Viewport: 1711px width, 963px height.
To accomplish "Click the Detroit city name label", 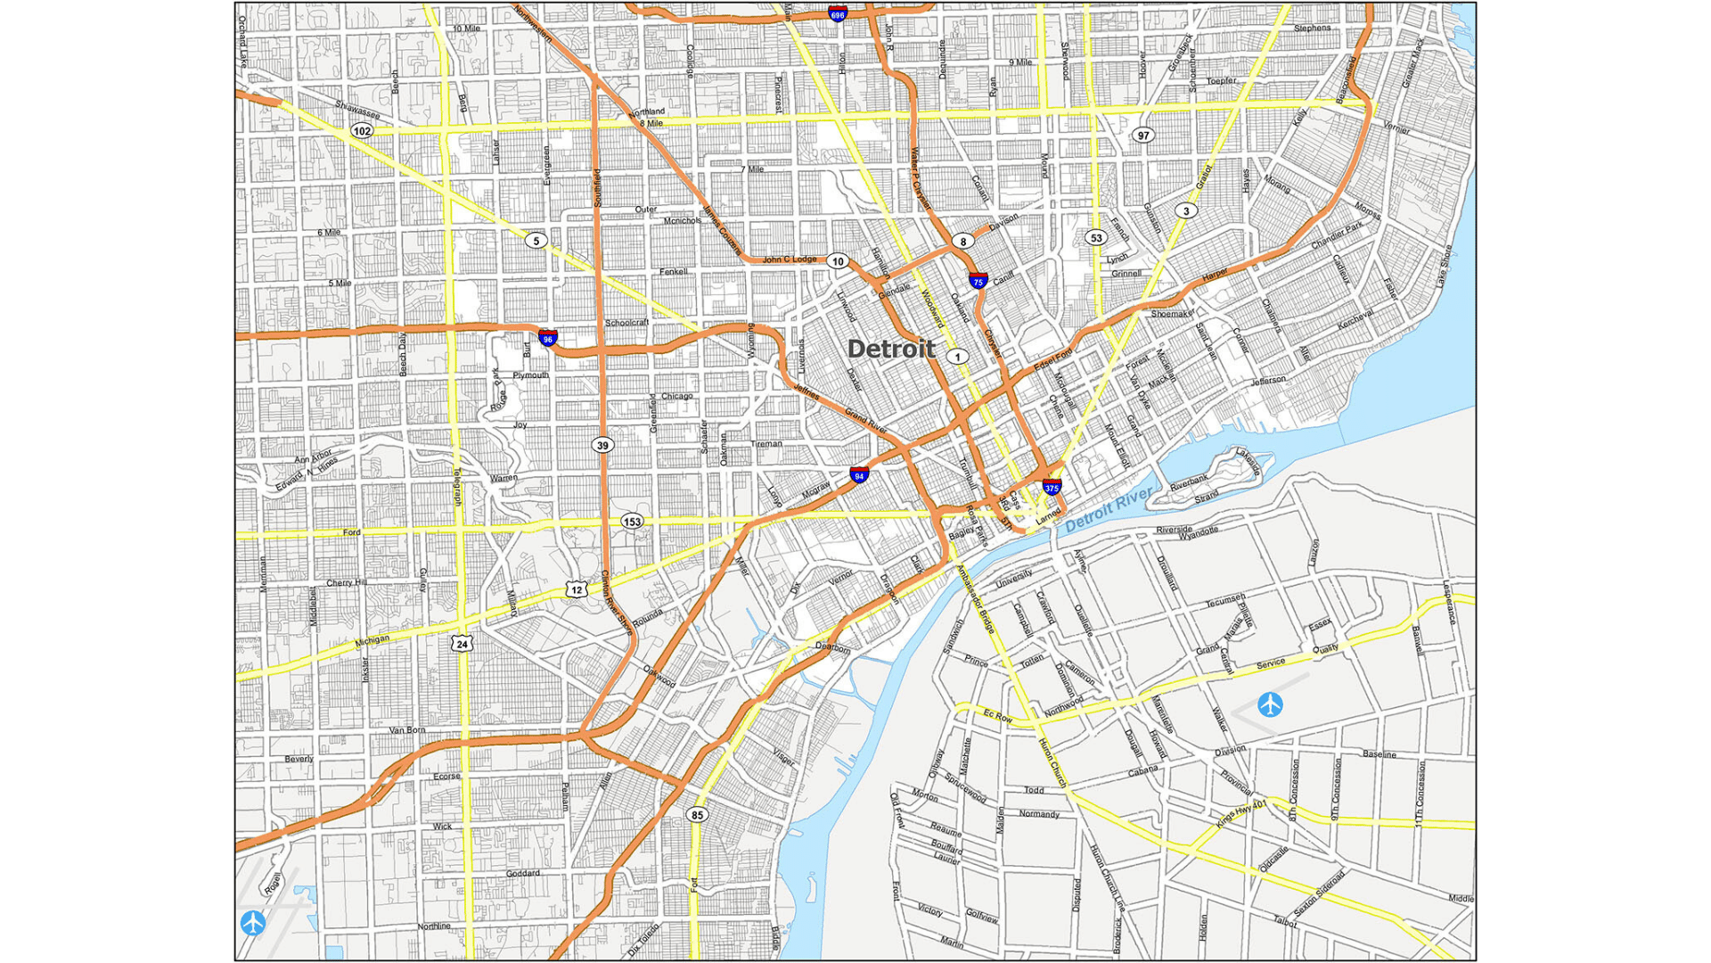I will (890, 350).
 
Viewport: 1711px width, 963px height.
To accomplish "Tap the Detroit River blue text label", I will (1108, 510).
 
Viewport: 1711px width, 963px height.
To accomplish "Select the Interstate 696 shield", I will (837, 13).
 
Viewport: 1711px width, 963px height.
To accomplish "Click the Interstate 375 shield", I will (1052, 487).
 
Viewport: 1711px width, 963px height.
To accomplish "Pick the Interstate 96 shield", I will (548, 338).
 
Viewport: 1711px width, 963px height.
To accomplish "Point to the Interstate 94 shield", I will (859, 475).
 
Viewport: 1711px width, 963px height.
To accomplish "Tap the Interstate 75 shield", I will (978, 281).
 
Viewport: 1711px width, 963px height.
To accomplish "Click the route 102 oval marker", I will (361, 131).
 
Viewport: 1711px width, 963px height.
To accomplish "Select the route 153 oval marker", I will (632, 522).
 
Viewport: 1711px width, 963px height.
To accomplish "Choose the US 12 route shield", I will (577, 589).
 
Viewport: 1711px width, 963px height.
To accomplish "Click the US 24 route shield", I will (461, 644).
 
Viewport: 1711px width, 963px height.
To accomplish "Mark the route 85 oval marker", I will (697, 815).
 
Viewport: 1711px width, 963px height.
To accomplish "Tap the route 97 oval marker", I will (1143, 136).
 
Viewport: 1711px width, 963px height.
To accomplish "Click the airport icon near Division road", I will (1270, 704).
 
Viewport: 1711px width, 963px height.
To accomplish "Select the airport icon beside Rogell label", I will (253, 923).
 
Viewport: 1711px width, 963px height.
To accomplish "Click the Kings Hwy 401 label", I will (1240, 814).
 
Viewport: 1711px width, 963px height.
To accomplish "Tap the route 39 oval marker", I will (603, 445).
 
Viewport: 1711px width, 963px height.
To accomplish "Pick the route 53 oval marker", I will (1096, 237).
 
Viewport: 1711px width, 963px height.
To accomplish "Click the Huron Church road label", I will (1052, 762).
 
